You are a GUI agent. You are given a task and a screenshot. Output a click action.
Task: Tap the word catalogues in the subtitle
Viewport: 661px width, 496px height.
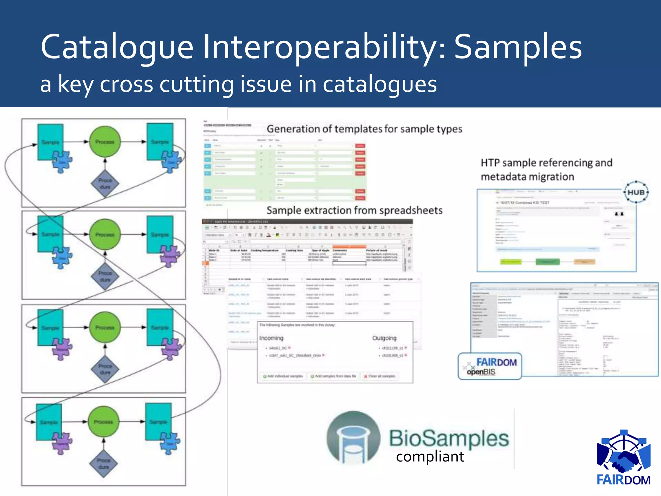click(x=380, y=84)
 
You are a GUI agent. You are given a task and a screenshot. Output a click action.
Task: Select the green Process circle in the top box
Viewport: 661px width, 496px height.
click(x=105, y=142)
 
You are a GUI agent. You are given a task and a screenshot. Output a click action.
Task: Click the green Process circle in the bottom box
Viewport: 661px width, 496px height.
click(x=104, y=422)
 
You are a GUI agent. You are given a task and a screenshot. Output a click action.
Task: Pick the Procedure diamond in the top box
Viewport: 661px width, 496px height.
click(x=105, y=183)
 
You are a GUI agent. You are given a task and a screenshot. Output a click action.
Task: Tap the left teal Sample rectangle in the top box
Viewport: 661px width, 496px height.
click(x=50, y=142)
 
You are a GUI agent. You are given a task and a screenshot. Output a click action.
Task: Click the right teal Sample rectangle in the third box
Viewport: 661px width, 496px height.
click(x=160, y=327)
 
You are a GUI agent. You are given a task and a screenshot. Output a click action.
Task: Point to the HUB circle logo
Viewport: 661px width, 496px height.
click(x=636, y=192)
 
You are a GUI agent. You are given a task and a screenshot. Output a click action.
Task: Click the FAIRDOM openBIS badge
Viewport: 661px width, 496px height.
click(x=490, y=366)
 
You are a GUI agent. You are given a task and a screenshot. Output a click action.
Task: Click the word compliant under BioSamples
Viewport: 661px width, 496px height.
click(x=430, y=457)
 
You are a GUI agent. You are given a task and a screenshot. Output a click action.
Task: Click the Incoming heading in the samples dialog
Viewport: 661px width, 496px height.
click(x=271, y=338)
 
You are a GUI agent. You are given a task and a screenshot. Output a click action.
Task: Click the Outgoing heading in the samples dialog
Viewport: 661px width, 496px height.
click(x=384, y=338)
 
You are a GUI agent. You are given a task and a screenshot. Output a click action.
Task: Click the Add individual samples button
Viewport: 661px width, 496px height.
click(x=283, y=376)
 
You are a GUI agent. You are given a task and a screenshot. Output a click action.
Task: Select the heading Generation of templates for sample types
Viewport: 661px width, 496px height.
click(x=364, y=129)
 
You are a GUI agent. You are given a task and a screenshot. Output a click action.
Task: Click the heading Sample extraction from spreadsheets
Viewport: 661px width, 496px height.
click(x=354, y=211)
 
